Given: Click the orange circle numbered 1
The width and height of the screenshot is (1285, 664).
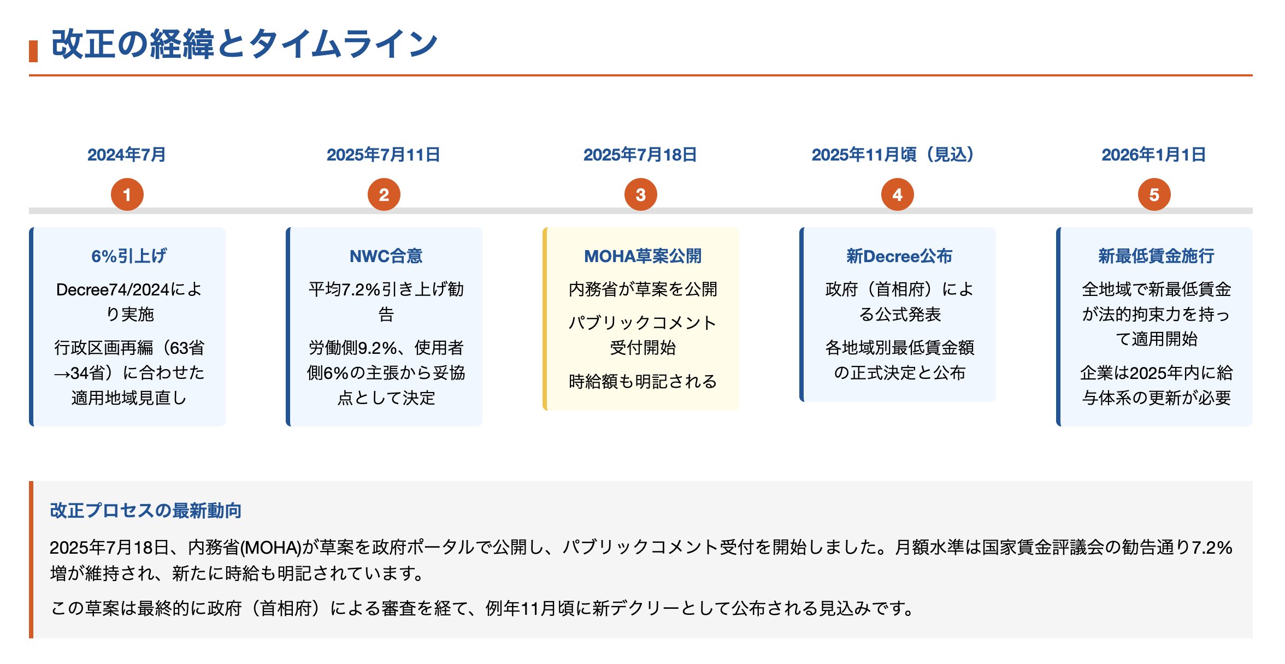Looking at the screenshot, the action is click(127, 194).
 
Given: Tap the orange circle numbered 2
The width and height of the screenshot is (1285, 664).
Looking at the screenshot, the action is click(384, 194).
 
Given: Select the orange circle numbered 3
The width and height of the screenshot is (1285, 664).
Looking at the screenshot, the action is click(641, 194).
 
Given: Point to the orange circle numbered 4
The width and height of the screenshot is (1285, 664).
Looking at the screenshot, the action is click(898, 194).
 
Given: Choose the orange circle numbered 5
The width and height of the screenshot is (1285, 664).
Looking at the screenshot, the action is click(1154, 194).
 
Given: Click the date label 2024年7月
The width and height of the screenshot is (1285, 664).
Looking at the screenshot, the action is click(127, 155).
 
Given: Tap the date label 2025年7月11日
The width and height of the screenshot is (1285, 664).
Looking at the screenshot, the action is click(384, 155).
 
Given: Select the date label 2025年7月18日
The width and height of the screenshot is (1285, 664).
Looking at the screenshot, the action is click(640, 155).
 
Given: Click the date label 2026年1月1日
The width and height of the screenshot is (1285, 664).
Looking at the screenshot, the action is click(1154, 155).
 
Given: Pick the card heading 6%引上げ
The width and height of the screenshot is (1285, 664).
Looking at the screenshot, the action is click(129, 256).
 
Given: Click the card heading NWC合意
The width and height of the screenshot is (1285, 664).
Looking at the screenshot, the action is click(386, 256).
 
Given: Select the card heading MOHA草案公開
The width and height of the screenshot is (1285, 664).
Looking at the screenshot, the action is click(643, 256).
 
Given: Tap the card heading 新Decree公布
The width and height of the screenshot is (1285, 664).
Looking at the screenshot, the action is click(899, 256).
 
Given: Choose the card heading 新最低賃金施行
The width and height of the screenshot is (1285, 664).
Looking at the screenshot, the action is click(1157, 256).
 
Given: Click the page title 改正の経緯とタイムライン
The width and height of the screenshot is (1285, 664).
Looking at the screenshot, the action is click(244, 44).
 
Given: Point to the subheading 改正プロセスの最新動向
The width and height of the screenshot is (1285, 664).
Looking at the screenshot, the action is click(146, 510).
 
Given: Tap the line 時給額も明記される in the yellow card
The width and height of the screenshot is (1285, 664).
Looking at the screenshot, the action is click(643, 381).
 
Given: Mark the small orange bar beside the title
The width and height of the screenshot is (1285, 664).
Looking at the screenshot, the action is click(33, 51).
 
